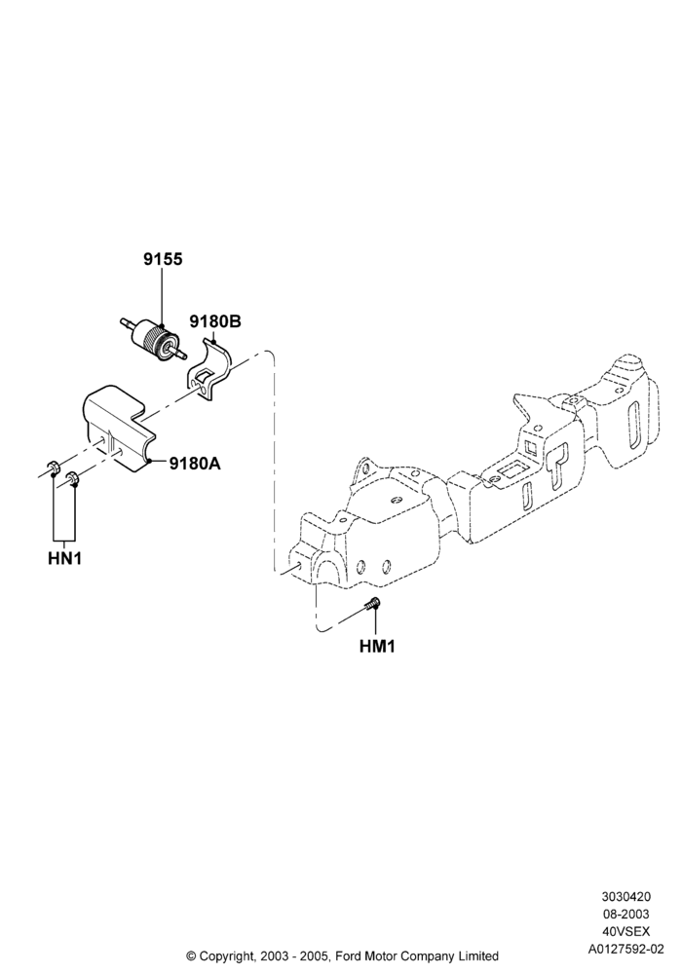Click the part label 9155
tap(163, 259)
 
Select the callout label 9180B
tap(215, 321)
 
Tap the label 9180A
tap(195, 463)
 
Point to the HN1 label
tap(64, 558)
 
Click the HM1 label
tap(377, 646)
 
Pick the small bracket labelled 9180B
tap(208, 371)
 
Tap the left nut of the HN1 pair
tap(53, 468)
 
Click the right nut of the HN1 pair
tap(73, 478)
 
